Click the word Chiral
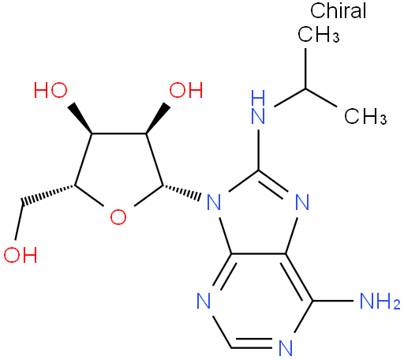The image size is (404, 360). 338,10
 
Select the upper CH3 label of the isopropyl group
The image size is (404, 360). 319,34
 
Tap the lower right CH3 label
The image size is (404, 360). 365,115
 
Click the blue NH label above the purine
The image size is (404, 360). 258,107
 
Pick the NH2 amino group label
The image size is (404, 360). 380,301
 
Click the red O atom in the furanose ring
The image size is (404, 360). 118,217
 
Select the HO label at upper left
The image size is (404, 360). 50,90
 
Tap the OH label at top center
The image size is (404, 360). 186,90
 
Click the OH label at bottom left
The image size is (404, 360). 21,255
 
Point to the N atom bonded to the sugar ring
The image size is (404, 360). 214,202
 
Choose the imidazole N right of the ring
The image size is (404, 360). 302,202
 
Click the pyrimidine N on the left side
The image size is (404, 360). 204,301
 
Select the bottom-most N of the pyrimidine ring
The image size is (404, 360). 286,348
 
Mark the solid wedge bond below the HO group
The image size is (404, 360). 80,118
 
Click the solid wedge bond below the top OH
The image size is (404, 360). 158,118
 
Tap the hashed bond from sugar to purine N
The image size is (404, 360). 181,191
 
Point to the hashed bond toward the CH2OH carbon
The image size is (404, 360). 48,195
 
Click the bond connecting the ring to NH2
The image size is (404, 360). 333,301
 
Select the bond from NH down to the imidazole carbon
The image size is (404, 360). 258,150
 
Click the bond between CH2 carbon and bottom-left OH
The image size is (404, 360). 19,222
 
